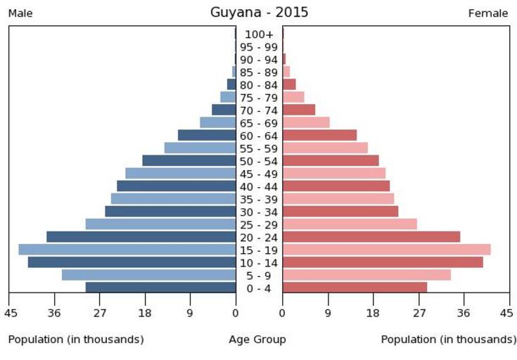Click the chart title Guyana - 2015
click(x=259, y=13)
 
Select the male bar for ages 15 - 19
click(x=127, y=250)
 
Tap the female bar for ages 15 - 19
click(x=386, y=250)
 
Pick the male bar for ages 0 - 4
click(x=160, y=288)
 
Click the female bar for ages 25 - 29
click(x=350, y=224)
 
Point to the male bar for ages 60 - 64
click(x=207, y=135)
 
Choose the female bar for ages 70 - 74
click(x=299, y=110)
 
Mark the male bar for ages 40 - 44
click(x=176, y=186)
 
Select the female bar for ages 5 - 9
click(x=366, y=275)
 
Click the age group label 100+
click(x=259, y=34)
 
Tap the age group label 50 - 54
click(x=259, y=161)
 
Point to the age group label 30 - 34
click(x=259, y=212)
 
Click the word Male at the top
click(x=20, y=13)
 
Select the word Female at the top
click(x=488, y=13)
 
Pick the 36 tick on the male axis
click(x=55, y=314)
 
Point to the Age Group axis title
click(x=257, y=340)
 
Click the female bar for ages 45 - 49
click(x=334, y=174)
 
